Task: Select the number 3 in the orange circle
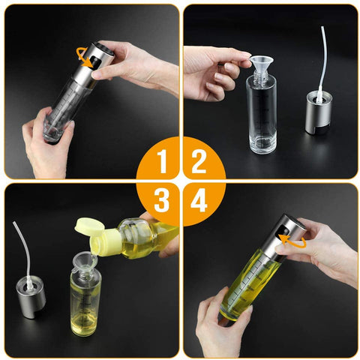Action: point(161,200)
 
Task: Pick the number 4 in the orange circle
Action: point(199,200)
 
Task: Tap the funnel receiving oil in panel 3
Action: point(85,262)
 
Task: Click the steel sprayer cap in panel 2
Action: point(319,112)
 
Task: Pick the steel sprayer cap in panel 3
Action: point(31,298)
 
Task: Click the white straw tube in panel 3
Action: point(23,253)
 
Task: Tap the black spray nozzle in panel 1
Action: point(94,62)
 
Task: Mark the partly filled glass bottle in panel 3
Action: point(85,302)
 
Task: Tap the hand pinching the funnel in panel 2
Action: point(215,73)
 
